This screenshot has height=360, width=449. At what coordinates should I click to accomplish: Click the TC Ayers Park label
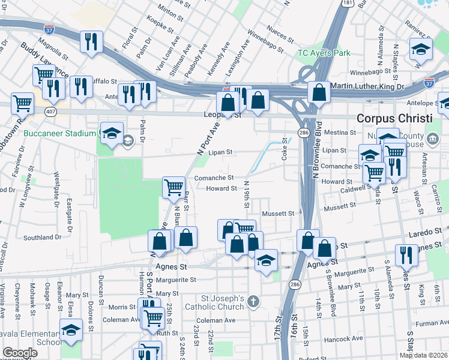tap(324, 53)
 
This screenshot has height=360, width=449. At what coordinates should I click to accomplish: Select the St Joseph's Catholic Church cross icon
tap(254, 301)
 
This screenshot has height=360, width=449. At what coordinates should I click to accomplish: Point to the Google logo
tap(20, 353)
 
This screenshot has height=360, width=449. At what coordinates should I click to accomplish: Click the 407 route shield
tap(50, 112)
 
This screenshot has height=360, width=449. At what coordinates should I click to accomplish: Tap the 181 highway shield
tap(347, 4)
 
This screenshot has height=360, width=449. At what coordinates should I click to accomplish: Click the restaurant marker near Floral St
tap(91, 41)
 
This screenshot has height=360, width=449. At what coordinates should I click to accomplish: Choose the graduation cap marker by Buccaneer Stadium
tap(112, 134)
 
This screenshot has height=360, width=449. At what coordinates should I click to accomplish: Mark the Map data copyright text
tap(423, 355)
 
